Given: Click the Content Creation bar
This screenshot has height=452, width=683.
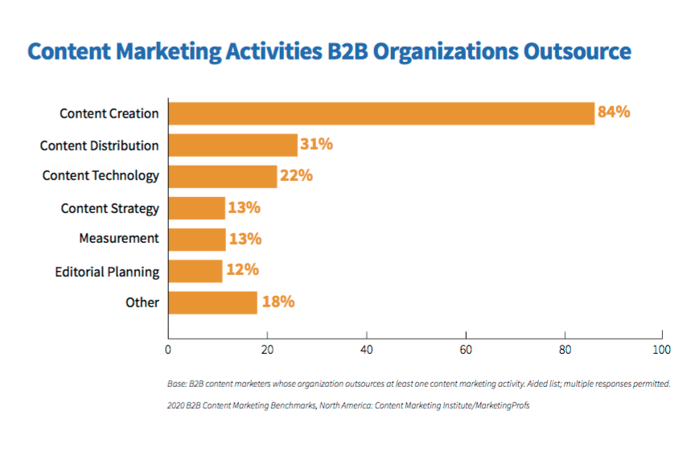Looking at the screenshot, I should (x=381, y=113).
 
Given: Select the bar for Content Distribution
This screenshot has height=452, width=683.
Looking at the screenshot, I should (x=232, y=145).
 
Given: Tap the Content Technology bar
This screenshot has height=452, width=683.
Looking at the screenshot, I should (x=222, y=176).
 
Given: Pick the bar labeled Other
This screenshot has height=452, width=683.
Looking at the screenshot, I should (x=212, y=302).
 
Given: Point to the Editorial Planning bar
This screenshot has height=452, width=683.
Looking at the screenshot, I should (x=195, y=271).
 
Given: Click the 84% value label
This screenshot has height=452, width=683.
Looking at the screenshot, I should (x=614, y=113).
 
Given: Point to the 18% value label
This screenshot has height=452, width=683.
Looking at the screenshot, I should (x=278, y=302).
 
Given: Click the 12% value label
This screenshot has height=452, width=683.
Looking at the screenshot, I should (x=242, y=270).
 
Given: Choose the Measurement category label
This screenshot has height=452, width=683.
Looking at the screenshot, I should (x=119, y=239).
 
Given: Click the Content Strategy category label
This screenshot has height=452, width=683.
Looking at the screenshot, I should (x=110, y=208).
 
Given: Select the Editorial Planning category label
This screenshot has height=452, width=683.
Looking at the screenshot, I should (x=107, y=272).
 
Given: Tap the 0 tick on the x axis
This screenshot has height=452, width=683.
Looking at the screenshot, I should (x=167, y=350).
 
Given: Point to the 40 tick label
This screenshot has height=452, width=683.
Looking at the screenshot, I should (x=366, y=350).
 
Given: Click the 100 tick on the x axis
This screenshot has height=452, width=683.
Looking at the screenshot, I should (x=661, y=350).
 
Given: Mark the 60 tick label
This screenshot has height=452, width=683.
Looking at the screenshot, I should (x=466, y=350).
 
